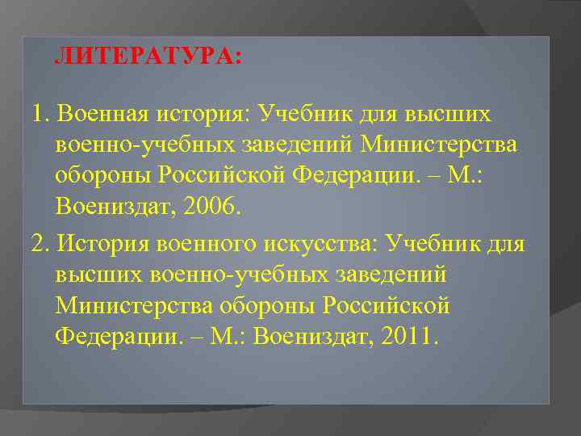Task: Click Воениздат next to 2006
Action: point(110,206)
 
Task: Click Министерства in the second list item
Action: point(134,306)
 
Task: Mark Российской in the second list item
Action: point(386,306)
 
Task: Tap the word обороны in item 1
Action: point(102,175)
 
